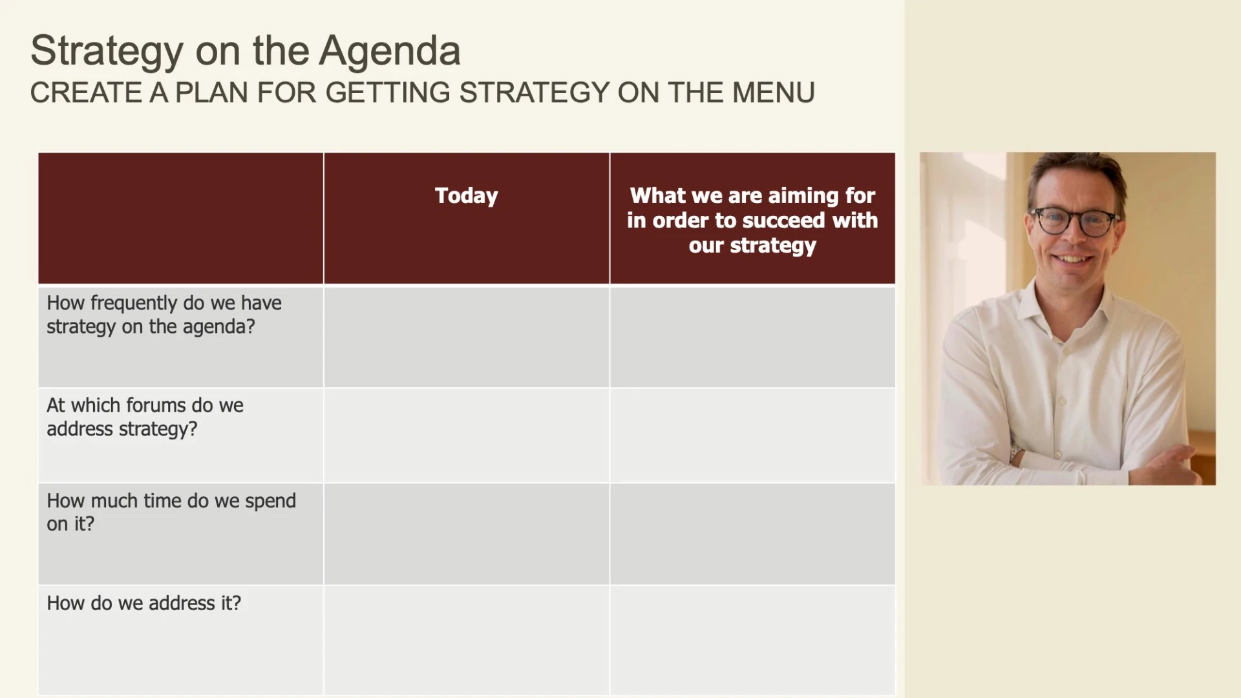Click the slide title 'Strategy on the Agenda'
pos(246,52)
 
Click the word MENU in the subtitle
pos(773,92)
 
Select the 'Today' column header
pos(467,196)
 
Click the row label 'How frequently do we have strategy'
pos(164,315)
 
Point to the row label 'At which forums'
pos(145,417)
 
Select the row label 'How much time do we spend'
pos(171,512)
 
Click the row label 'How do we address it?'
pos(143,603)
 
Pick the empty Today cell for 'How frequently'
pos(467,337)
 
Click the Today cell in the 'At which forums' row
pos(467,436)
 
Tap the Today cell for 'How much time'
pos(467,534)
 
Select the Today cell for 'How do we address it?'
pos(467,640)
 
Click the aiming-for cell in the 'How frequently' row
pos(753,337)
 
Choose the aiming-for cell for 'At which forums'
pos(753,436)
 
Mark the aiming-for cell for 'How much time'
pos(753,534)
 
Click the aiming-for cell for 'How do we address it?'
pos(753,640)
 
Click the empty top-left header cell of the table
pos(181,218)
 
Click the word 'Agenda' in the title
pos(390,52)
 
